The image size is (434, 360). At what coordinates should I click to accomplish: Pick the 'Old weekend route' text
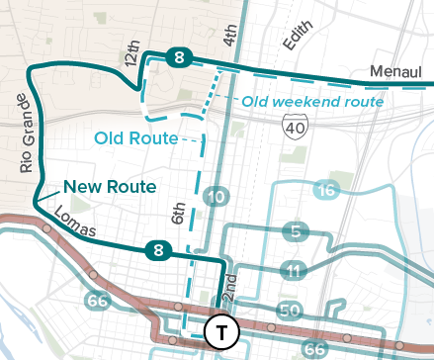pos(312,101)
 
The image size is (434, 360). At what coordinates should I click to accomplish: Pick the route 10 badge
pos(216,198)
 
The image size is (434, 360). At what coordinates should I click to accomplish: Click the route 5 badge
pos(294,232)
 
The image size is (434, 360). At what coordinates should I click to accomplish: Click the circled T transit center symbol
pos(221,332)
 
